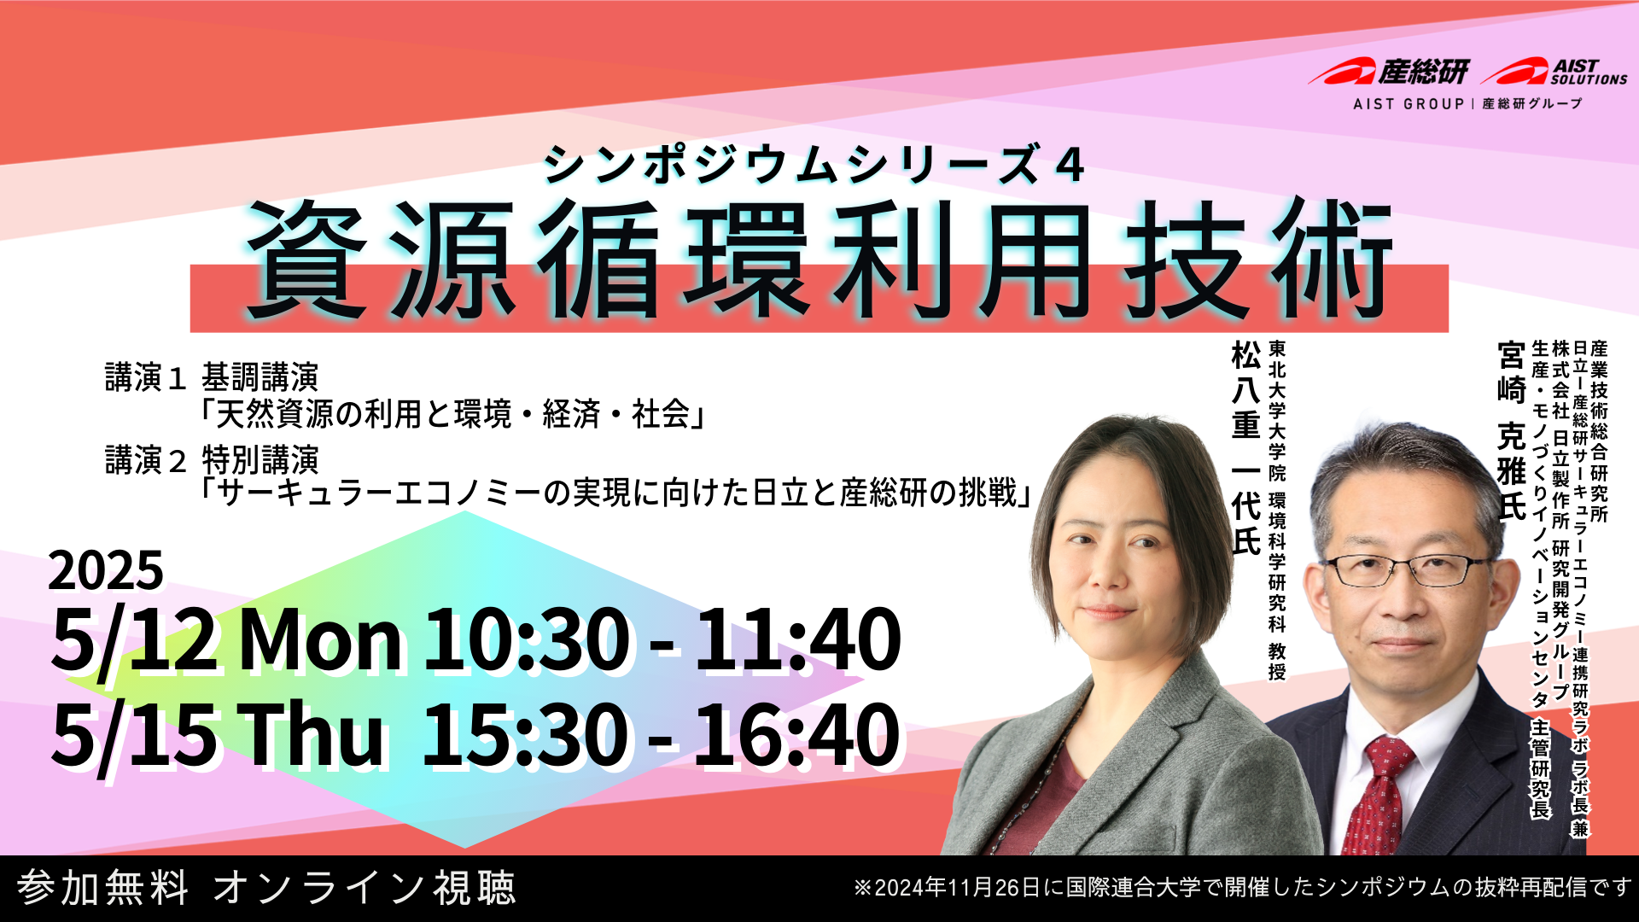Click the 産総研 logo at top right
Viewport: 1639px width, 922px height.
pyautogui.click(x=1389, y=72)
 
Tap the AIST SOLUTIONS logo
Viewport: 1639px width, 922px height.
pyautogui.click(x=1554, y=72)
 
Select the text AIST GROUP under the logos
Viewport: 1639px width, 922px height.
pyautogui.click(x=1409, y=104)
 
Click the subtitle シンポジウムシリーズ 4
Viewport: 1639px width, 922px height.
pyautogui.click(x=814, y=164)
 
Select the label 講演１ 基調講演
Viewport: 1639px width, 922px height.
pyautogui.click(x=212, y=376)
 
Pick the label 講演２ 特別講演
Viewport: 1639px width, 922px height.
pyautogui.click(x=212, y=460)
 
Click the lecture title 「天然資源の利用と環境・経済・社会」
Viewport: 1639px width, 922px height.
pyautogui.click(x=452, y=415)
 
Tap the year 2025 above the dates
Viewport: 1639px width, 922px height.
pyautogui.click(x=106, y=570)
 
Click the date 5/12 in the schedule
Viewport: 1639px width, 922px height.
pyautogui.click(x=135, y=640)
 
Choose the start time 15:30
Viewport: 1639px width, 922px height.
pyautogui.click(x=526, y=734)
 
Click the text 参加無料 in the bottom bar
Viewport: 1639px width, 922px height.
pyautogui.click(x=103, y=888)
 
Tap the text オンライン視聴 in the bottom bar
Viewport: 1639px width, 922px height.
pyautogui.click(x=365, y=888)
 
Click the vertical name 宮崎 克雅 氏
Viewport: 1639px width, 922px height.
pyautogui.click(x=1512, y=431)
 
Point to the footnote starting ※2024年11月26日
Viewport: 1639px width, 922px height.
pyautogui.click(x=1243, y=888)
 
